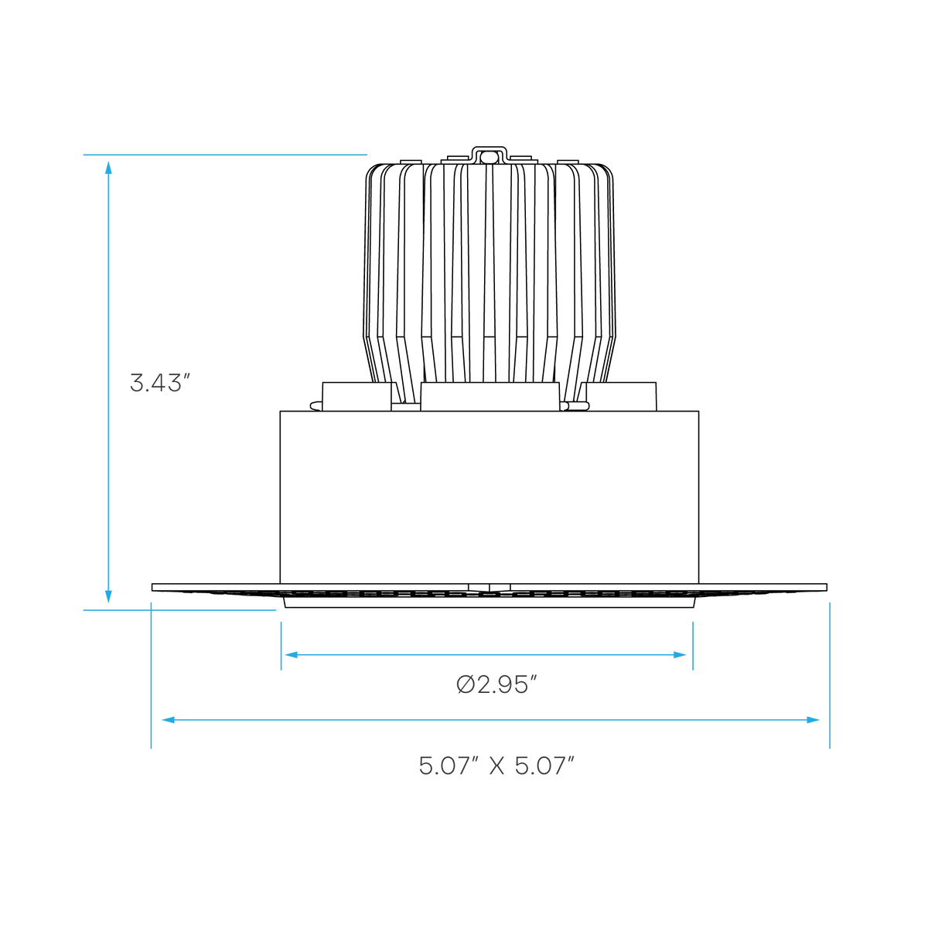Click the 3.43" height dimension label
click(160, 383)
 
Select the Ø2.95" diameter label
click(496, 685)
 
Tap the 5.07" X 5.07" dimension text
click(496, 766)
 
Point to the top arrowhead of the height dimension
click(108, 168)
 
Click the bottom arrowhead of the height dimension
click(108, 597)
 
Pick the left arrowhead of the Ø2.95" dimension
click(292, 655)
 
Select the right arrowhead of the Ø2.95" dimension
click(680, 655)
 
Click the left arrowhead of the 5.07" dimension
click(168, 720)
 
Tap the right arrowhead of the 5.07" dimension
click(813, 720)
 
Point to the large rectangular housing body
click(490, 497)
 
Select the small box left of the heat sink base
click(357, 397)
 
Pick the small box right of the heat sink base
click(621, 397)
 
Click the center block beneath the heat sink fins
click(490, 397)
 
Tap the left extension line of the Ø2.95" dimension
click(281, 646)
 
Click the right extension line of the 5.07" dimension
click(829, 676)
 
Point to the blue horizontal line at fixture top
click(225, 155)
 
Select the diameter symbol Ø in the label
click(466, 685)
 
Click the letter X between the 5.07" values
click(496, 766)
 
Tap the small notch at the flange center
click(490, 588)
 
